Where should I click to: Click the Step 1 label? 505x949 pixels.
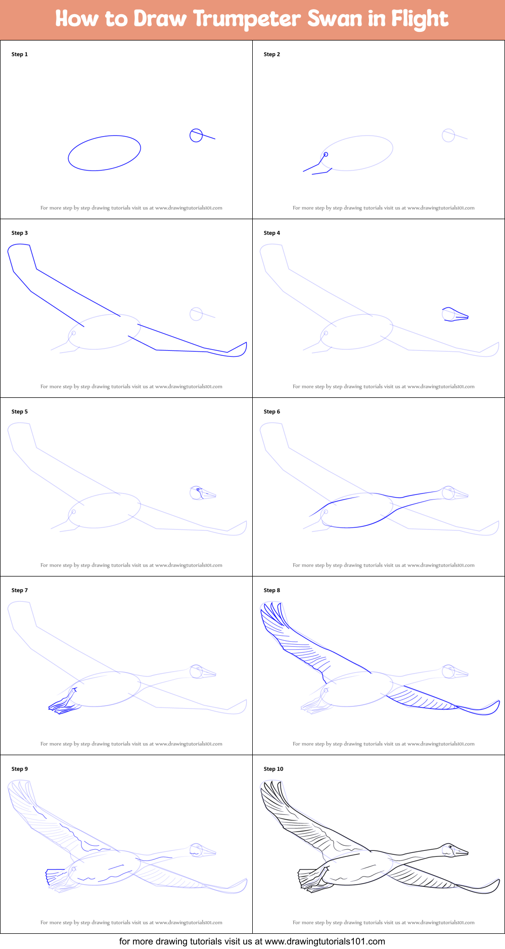click(x=20, y=54)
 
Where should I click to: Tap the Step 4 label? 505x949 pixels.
click(x=271, y=233)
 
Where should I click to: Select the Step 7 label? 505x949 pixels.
click(x=20, y=590)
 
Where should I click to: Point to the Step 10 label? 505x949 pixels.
click(x=273, y=769)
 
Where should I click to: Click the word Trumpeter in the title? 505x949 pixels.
click(x=247, y=19)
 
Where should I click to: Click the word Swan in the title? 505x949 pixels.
click(x=335, y=19)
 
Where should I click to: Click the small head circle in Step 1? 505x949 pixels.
click(x=196, y=135)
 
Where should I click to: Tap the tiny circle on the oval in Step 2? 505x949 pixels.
click(x=326, y=154)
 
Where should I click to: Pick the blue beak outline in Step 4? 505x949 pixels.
click(x=456, y=315)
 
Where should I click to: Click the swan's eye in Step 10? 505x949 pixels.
click(x=449, y=846)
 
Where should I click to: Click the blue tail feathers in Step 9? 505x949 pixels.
click(x=55, y=875)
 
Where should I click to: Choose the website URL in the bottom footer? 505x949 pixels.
click(x=325, y=941)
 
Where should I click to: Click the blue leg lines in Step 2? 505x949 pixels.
click(x=316, y=168)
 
